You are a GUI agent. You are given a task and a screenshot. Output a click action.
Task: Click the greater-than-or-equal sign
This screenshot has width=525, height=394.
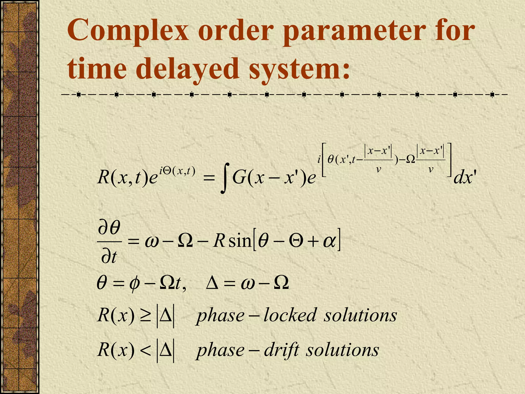pyautogui.click(x=145, y=315)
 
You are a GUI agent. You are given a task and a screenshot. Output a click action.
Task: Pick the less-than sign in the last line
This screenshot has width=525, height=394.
pyautogui.click(x=145, y=350)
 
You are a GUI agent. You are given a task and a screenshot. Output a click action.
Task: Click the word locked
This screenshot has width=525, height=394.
pyautogui.click(x=290, y=315)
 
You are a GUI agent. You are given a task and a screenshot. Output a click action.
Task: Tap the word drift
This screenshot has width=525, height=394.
pyautogui.click(x=281, y=350)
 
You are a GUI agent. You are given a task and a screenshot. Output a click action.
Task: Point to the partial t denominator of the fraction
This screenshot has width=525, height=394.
pyautogui.click(x=109, y=257)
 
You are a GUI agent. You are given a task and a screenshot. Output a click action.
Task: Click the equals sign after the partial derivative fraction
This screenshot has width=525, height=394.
pyautogui.click(x=133, y=242)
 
